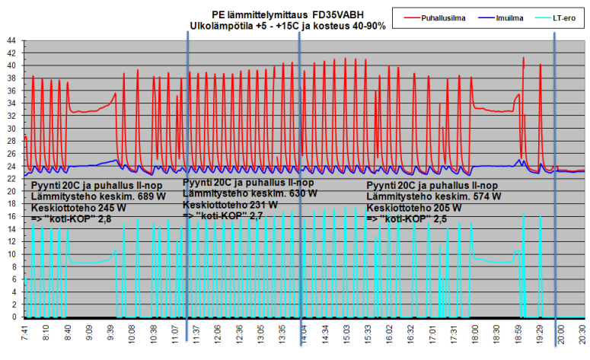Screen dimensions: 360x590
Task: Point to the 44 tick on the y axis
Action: coord(10,40)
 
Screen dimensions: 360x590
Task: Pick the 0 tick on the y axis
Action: coord(12,317)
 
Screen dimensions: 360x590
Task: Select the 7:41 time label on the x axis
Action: coord(25,336)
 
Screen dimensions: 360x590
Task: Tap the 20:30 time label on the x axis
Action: coord(582,336)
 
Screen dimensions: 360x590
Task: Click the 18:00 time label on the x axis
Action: coord(474,336)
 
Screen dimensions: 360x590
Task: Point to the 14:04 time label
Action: coord(304,336)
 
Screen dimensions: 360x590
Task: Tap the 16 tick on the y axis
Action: coord(10,216)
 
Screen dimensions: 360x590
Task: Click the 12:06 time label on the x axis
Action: coord(218,336)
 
